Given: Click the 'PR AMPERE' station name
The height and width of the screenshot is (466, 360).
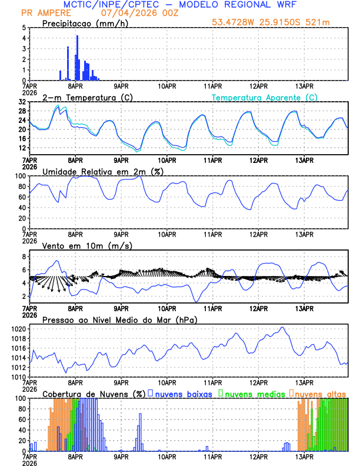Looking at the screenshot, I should click(44, 12).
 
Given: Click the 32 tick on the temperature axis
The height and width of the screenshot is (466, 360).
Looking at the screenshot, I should click(22, 102).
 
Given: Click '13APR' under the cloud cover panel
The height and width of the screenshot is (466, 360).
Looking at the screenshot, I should click(304, 456).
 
